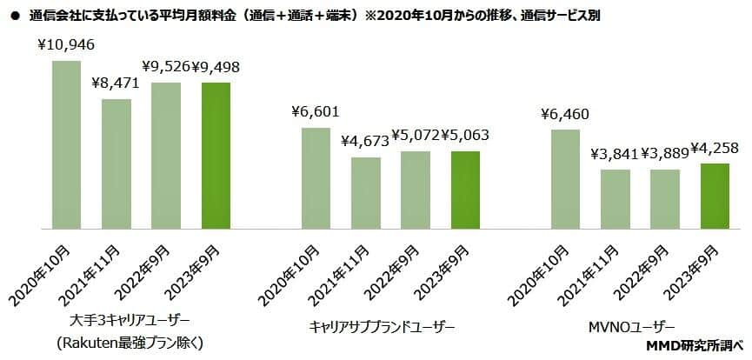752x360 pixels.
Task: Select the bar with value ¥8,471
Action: [x=116, y=163]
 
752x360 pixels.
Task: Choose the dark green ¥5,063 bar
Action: [x=466, y=190]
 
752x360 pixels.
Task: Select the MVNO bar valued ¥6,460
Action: [x=565, y=179]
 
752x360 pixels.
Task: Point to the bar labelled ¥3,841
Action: [x=616, y=199]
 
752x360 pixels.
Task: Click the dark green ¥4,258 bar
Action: [x=715, y=196]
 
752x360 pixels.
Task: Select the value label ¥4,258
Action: [x=717, y=147]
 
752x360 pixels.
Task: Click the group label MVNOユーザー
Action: [x=640, y=327]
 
